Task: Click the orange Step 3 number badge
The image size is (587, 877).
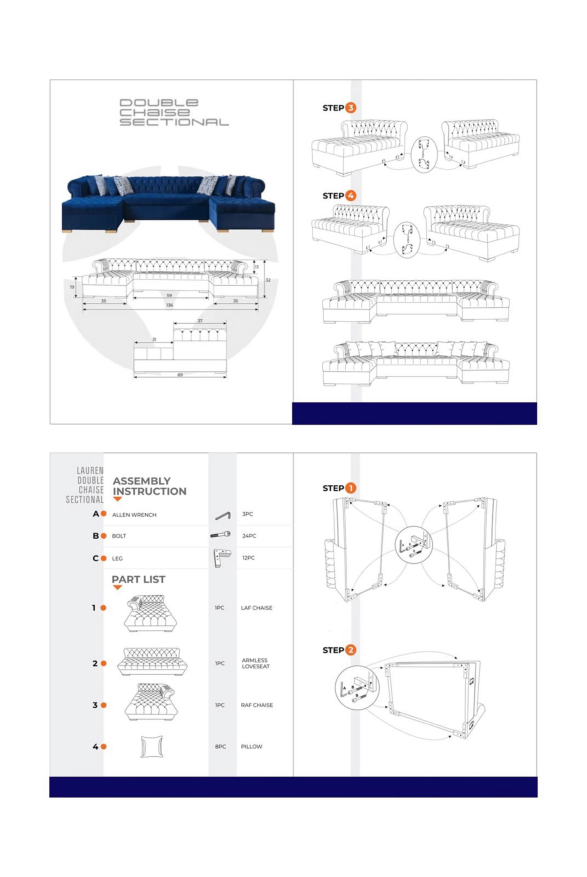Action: tap(351, 108)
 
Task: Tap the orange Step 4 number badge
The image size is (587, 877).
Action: tap(351, 195)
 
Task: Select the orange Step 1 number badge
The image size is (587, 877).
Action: tap(351, 488)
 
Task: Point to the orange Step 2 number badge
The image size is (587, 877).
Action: tap(351, 650)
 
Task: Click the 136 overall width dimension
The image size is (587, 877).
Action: tap(170, 305)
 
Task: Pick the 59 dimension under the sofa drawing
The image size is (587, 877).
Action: tap(169, 295)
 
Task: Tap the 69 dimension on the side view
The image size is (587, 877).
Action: tap(180, 375)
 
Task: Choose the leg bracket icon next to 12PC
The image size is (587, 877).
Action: tap(222, 558)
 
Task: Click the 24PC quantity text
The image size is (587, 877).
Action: tap(249, 536)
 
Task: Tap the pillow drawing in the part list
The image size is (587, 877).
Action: tap(152, 746)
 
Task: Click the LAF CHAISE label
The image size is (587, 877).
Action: tap(257, 608)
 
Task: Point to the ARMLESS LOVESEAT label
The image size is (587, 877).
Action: tap(255, 663)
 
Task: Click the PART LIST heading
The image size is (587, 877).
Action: tap(138, 579)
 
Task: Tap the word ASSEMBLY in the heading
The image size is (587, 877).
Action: tap(141, 481)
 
